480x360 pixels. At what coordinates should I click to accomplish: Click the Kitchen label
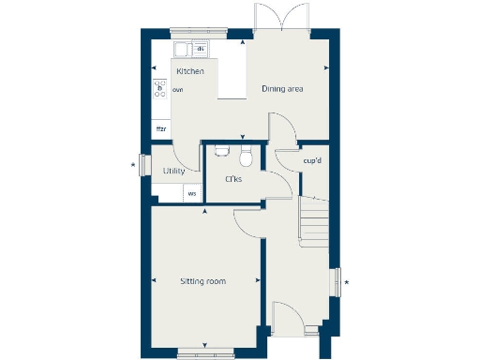(x=190, y=71)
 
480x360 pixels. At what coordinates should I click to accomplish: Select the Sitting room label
(x=203, y=280)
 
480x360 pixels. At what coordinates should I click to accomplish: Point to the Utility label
(x=173, y=171)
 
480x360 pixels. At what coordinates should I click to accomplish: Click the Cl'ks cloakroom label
(x=233, y=178)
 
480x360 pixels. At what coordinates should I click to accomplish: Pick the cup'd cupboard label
(x=312, y=160)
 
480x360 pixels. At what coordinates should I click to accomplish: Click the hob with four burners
(x=159, y=89)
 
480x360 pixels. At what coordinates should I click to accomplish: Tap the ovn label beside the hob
(x=177, y=90)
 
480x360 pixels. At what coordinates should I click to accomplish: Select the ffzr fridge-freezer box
(x=160, y=128)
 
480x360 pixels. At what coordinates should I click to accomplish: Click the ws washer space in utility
(x=192, y=194)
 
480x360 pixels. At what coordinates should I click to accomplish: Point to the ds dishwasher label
(x=200, y=48)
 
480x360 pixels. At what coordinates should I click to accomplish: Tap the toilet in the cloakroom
(x=246, y=153)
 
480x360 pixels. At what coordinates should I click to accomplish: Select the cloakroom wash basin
(x=221, y=148)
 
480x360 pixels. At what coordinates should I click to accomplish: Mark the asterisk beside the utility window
(x=133, y=166)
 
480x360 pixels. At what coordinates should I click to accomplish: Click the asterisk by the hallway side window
(x=346, y=281)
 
